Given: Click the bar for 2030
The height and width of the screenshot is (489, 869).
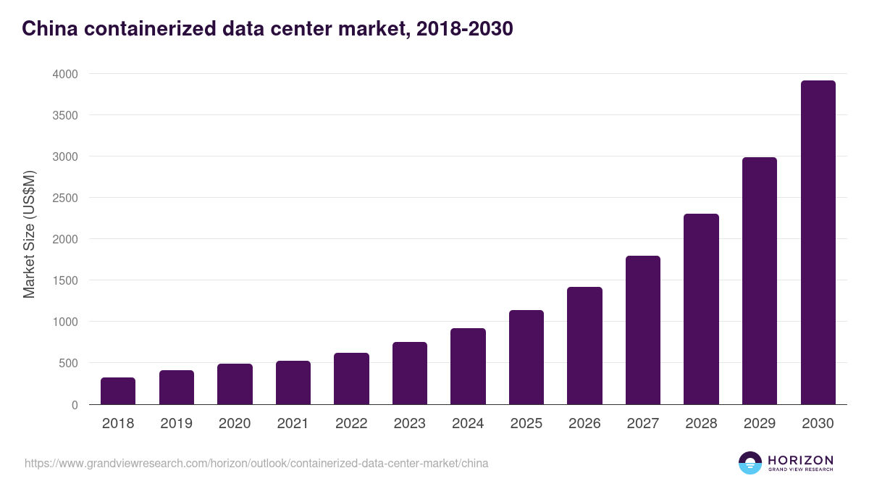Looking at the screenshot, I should point(818,243).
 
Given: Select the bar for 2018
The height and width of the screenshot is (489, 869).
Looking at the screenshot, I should point(118,391).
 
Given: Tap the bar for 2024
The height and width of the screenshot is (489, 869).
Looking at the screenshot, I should point(468,367).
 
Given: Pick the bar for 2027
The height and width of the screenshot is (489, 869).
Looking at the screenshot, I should point(643,330).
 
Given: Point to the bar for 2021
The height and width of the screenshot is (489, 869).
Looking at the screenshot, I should point(293,383).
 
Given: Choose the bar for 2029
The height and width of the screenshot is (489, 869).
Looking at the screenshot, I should point(759,281).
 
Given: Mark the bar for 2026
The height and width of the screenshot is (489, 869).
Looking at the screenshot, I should point(584,346).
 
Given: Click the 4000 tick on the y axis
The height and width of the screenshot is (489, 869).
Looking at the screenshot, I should point(64,74).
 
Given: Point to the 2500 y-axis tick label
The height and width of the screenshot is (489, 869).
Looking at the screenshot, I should point(64,198).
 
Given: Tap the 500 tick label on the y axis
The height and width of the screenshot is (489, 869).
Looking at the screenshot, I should point(67,363).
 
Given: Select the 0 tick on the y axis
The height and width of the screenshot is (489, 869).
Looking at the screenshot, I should point(75,404).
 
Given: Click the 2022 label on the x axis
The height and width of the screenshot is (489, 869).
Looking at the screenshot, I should point(351,424).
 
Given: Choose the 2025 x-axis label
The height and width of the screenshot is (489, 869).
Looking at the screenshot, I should point(526,424).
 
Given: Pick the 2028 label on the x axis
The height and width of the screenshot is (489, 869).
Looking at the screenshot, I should point(701,424).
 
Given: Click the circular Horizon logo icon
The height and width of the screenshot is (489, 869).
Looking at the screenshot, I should point(750,463).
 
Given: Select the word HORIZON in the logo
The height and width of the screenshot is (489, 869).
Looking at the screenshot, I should point(800,460).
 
